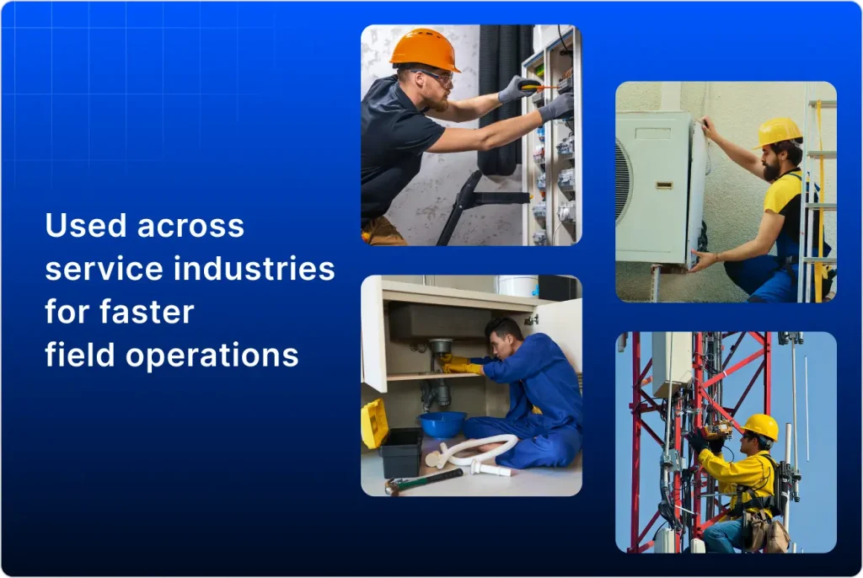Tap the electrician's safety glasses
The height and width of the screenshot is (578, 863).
coord(437,77)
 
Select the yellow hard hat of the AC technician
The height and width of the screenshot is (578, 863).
coord(778,131)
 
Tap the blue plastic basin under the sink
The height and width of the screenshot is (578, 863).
coord(442,424)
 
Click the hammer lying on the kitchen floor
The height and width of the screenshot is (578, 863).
coord(421,480)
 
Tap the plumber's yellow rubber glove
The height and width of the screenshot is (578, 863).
coord(461,365)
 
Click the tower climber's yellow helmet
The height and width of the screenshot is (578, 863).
coord(762,426)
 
